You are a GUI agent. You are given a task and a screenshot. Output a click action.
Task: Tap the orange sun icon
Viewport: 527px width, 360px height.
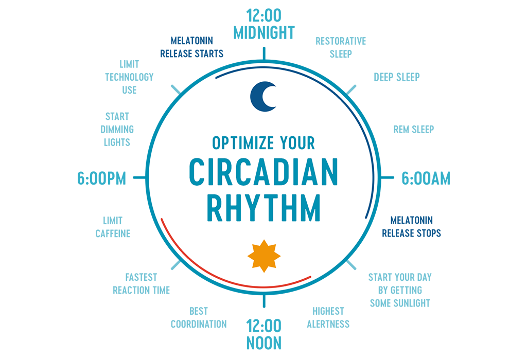[264, 256]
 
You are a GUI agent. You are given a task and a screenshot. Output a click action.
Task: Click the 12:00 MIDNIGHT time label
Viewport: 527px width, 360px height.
[263, 24]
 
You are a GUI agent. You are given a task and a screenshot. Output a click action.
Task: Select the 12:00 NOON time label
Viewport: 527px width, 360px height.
[263, 334]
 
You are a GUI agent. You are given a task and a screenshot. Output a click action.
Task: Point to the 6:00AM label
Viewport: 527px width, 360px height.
[426, 178]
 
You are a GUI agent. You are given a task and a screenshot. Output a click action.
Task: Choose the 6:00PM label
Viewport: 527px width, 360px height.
[102, 178]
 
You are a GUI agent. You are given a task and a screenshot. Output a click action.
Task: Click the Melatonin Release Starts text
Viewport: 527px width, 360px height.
[191, 47]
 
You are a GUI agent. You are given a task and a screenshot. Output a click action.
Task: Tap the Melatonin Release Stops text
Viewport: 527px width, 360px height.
[411, 226]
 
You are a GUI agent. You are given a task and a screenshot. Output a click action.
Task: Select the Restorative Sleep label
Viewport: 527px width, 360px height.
[341, 47]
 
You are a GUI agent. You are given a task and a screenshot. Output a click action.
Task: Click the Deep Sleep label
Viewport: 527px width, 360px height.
[397, 77]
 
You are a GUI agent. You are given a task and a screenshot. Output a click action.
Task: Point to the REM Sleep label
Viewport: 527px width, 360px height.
[414, 129]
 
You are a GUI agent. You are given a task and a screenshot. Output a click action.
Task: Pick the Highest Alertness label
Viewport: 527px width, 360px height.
[328, 317]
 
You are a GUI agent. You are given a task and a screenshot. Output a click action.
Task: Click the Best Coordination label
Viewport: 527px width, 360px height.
[199, 317]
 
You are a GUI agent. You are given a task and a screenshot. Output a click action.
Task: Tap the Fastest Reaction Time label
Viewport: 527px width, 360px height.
[141, 283]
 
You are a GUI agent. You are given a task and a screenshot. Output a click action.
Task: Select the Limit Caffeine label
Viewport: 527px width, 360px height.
[113, 227]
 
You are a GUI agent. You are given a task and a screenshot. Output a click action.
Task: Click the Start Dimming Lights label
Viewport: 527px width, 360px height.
[117, 129]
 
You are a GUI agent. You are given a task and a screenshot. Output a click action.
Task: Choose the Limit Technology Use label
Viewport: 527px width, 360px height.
[129, 77]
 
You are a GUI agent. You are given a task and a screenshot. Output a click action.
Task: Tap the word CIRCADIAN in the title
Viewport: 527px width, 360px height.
[263, 172]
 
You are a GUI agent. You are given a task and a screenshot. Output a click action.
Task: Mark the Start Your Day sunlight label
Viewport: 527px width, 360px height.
[400, 290]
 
